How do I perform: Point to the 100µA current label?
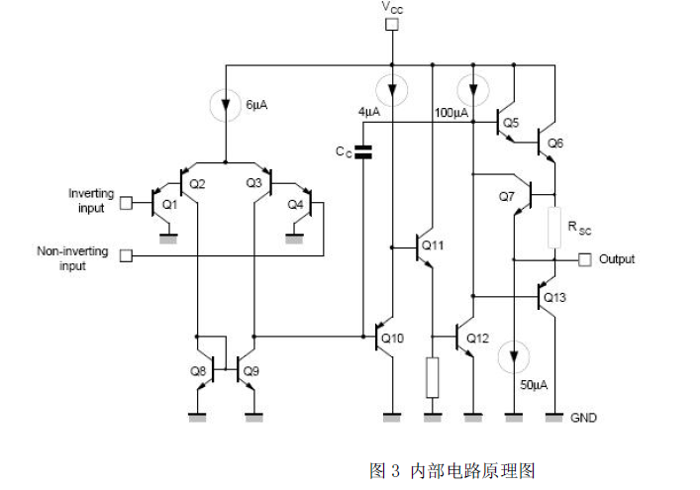click(451, 113)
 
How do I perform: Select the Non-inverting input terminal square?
click(127, 256)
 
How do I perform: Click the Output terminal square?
click(584, 259)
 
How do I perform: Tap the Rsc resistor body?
click(554, 227)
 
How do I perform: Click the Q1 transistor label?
click(169, 204)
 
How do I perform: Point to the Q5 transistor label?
click(511, 123)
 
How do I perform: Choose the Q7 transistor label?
click(507, 196)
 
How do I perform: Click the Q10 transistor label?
click(393, 339)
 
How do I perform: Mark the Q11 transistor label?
click(433, 244)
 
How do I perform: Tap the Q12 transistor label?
click(477, 339)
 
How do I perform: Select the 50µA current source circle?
click(513, 353)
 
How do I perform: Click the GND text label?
click(584, 418)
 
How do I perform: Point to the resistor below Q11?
click(433, 377)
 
